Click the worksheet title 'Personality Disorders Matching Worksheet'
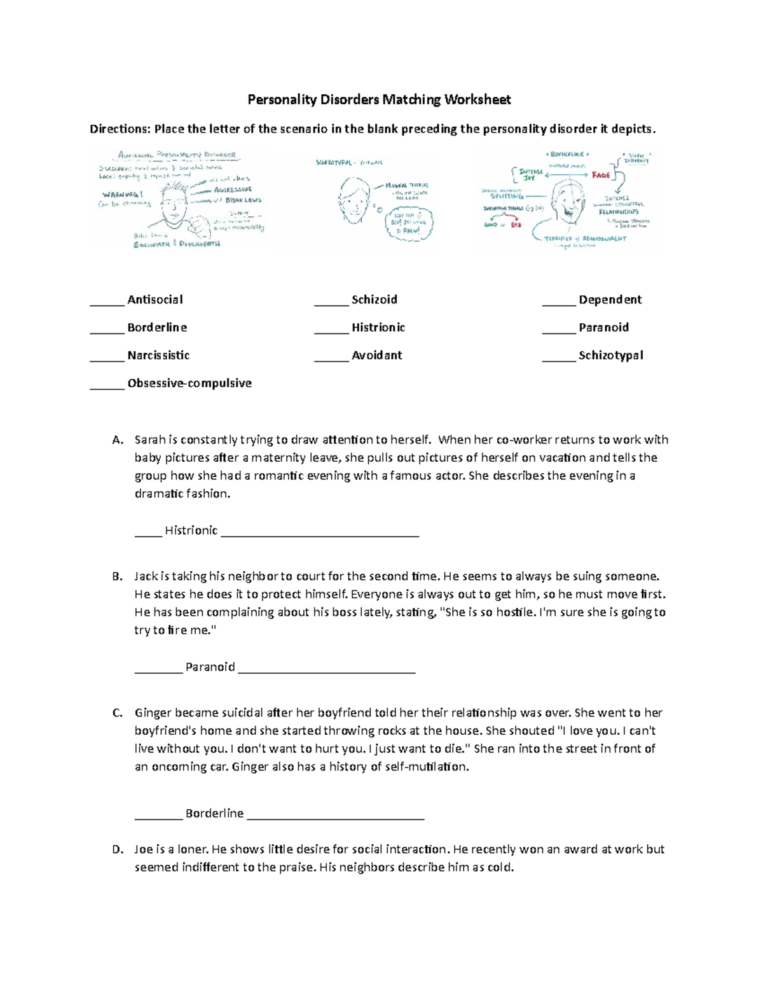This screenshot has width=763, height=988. (x=379, y=100)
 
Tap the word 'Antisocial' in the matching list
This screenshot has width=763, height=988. (x=155, y=300)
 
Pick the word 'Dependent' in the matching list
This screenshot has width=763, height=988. (x=610, y=300)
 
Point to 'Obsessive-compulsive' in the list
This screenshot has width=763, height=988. (x=189, y=383)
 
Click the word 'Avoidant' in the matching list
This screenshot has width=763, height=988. (x=376, y=356)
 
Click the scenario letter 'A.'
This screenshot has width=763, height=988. (x=117, y=440)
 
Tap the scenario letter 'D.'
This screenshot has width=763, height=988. (x=117, y=849)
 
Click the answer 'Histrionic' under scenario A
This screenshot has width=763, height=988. (x=191, y=531)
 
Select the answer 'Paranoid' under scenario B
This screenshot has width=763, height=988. (x=210, y=667)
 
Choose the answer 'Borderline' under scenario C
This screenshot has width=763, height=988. (x=214, y=813)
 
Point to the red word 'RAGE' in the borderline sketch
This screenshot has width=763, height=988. (x=601, y=175)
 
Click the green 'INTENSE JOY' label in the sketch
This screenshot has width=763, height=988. (x=530, y=175)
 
